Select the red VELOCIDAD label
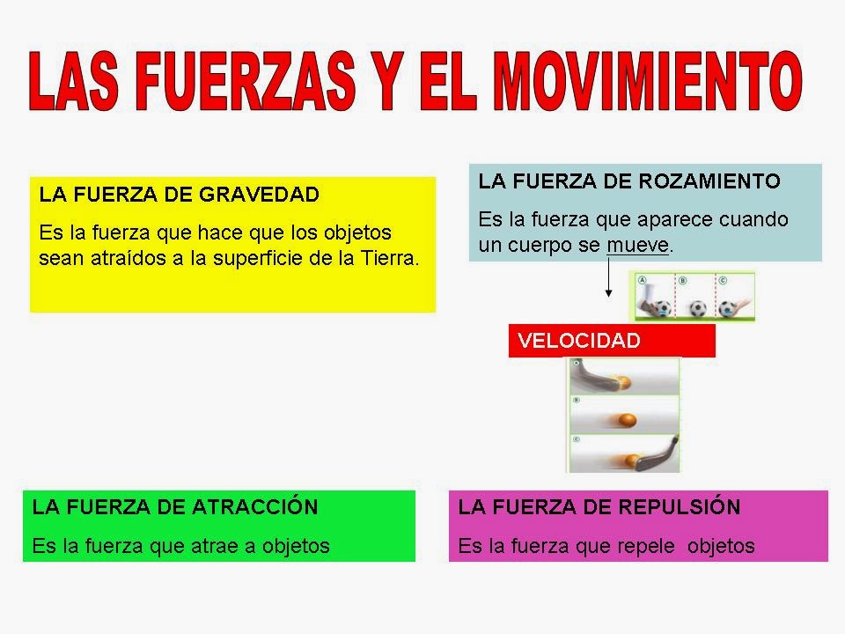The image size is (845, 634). click(x=612, y=341)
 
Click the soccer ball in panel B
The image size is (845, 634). click(x=698, y=308)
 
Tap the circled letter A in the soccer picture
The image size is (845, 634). click(x=641, y=279)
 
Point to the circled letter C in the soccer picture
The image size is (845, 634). click(x=724, y=280)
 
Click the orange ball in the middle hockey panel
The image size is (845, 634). click(x=627, y=419)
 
